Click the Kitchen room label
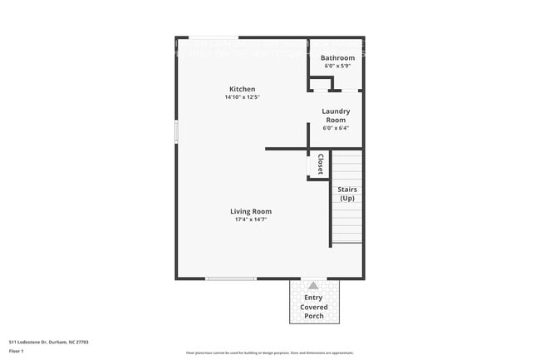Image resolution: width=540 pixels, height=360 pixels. [243, 89]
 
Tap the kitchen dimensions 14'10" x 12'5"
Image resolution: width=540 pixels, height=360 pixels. [243, 97]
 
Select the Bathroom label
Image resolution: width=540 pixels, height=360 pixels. [337, 57]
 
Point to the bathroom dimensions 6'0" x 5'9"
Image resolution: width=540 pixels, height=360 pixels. [337, 66]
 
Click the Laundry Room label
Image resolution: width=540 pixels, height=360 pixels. [336, 115]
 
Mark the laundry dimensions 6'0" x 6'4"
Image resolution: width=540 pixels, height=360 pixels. [336, 127]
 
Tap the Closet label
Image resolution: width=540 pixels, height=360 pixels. [320, 164]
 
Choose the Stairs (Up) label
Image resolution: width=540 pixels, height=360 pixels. [346, 194]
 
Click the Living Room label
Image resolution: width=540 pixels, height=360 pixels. [251, 211]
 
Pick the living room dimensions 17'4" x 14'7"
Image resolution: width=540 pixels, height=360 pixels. [251, 219]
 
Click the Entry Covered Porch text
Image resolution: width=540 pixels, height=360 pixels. [313, 307]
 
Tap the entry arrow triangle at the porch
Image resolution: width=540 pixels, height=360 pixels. [313, 285]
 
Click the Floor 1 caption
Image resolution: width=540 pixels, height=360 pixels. [17, 352]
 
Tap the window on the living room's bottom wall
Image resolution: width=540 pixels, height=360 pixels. [231, 279]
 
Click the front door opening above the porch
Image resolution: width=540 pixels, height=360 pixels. [313, 279]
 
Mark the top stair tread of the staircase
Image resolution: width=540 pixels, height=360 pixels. [347, 155]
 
